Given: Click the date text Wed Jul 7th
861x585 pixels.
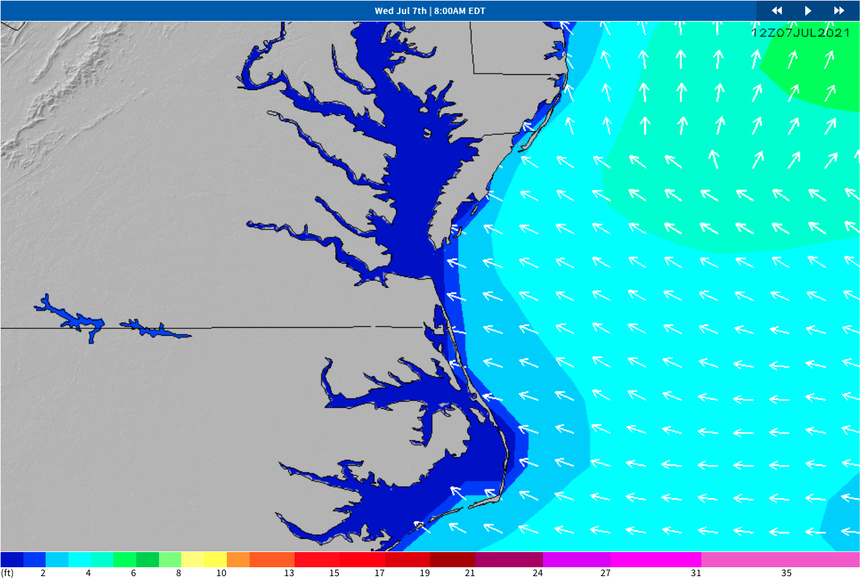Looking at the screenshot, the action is pyautogui.click(x=400, y=11).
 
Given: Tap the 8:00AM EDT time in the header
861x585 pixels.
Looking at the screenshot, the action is pyautogui.click(x=459, y=11).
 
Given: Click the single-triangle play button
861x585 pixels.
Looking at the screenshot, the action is pyautogui.click(x=808, y=11).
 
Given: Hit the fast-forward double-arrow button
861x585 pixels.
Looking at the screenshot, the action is pyautogui.click(x=839, y=11).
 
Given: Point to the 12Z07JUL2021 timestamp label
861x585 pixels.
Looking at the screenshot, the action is pyautogui.click(x=800, y=33).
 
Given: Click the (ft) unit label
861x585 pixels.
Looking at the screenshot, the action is pyautogui.click(x=8, y=573).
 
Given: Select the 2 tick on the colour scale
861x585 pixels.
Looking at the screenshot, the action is pyautogui.click(x=43, y=573).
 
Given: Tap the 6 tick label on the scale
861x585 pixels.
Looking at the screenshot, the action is pyautogui.click(x=133, y=573).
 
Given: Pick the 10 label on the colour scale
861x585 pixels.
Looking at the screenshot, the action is pyautogui.click(x=221, y=573).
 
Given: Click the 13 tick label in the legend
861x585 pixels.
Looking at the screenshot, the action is pyautogui.click(x=289, y=573).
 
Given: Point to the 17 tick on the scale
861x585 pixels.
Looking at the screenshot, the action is pyautogui.click(x=379, y=573).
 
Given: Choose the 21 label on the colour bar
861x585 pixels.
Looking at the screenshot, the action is pyautogui.click(x=469, y=573).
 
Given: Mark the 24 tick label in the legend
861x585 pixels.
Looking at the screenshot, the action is pyautogui.click(x=537, y=573).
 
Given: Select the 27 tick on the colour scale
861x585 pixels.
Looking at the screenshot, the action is pyautogui.click(x=606, y=573).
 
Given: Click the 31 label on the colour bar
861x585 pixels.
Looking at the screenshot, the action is pyautogui.click(x=696, y=573).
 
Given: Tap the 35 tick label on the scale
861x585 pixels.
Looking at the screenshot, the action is pyautogui.click(x=786, y=573).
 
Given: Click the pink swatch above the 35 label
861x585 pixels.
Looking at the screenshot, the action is pyautogui.click(x=781, y=560).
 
